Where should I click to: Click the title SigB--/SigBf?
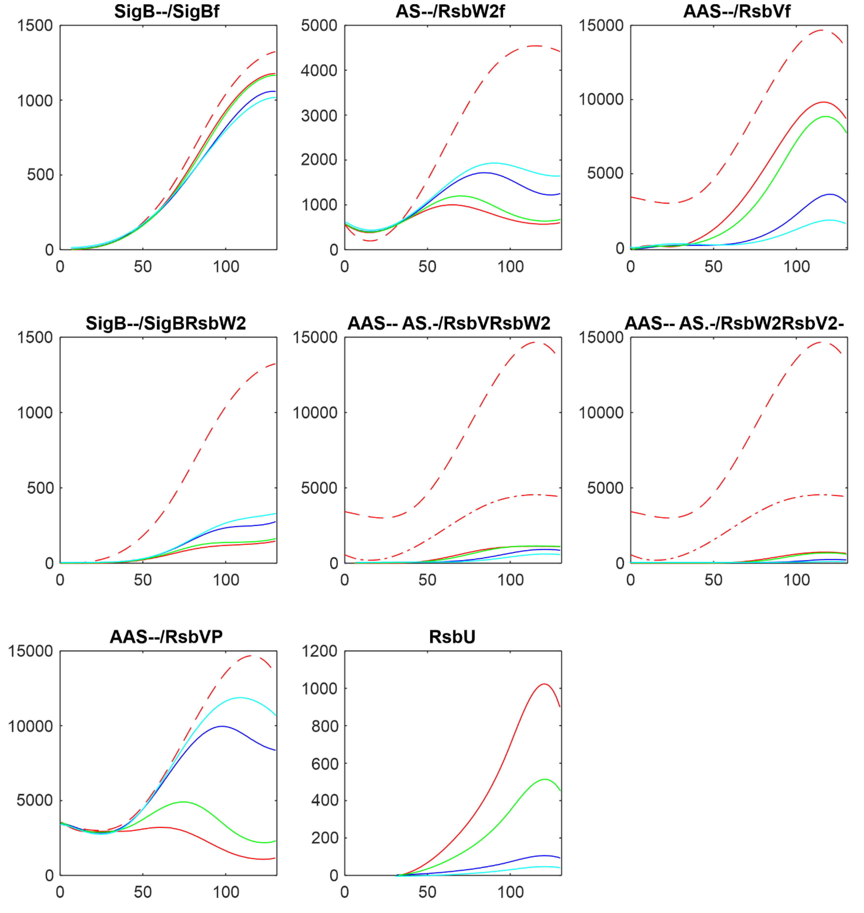point(167,11)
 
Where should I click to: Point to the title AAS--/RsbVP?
point(166,637)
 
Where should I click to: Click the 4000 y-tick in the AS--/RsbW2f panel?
point(319,70)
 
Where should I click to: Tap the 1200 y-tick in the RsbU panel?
point(319,651)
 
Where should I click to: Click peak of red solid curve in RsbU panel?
point(544,684)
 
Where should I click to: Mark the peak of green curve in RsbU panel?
point(545,779)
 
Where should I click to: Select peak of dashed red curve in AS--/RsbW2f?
point(535,46)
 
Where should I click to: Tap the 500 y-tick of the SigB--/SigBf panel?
point(40,175)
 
